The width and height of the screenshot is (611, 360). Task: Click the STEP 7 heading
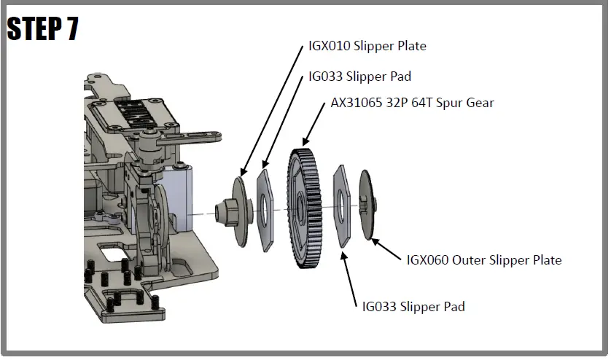(x=42, y=28)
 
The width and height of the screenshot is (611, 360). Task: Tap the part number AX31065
(x=356, y=103)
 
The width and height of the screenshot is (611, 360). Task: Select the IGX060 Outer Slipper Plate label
(x=483, y=260)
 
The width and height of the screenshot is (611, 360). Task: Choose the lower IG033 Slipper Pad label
(x=413, y=306)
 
